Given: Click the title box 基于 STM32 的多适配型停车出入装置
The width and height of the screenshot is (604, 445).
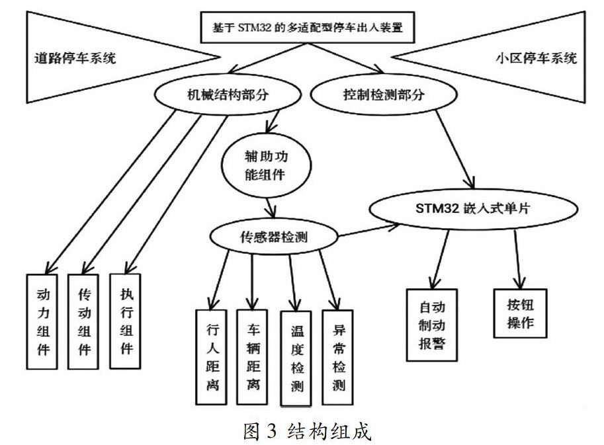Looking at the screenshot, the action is point(308,27).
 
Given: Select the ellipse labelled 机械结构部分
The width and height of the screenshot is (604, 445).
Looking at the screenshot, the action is point(228,95).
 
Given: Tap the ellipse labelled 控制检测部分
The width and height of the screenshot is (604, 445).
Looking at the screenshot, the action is point(384,95).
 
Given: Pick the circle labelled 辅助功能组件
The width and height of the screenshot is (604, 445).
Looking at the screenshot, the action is point(266,165).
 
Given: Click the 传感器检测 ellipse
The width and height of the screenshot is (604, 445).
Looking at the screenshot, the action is point(273,236).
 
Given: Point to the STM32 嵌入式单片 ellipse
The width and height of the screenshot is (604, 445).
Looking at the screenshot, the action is point(474,209).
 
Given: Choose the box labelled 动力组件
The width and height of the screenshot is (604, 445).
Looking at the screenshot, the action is point(42,322).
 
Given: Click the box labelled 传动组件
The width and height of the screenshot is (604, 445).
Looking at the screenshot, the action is point(83,322).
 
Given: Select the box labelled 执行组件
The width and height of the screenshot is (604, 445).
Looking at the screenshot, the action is point(125,321).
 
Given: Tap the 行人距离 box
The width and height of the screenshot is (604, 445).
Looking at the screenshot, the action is point(211,357).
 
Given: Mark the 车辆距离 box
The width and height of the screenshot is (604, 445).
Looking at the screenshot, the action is point(252,357).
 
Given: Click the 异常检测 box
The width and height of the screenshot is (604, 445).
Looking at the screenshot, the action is point(337,357).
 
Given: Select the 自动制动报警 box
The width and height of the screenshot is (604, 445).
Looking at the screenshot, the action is point(432,325).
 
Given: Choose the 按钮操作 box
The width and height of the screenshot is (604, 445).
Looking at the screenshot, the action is point(520,313).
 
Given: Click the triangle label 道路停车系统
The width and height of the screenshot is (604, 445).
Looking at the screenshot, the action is point(75,58).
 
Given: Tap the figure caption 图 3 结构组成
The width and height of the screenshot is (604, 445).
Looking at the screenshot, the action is point(308,431).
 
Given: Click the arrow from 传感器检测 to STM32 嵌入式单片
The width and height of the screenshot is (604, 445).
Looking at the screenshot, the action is point(368,230).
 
